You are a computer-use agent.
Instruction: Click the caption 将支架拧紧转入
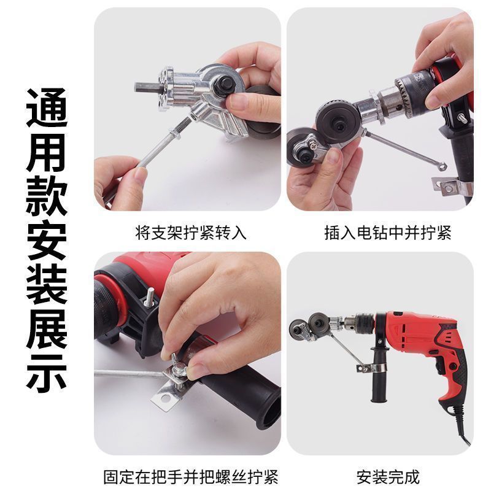pos(191,233)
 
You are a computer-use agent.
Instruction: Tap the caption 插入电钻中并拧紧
pos(388,233)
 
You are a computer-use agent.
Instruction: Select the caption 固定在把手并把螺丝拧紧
pos(191,477)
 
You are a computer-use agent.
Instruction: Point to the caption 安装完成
pos(388,477)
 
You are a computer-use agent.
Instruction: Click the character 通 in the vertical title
pos(47,108)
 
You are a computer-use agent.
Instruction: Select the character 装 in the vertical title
pos(47,284)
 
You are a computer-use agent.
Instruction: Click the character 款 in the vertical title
pos(47,196)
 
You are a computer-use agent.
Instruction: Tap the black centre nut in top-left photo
pos(223,83)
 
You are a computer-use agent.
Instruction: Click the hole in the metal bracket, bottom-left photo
pos(165,398)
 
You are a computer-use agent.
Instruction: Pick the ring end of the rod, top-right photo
pos(442,166)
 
